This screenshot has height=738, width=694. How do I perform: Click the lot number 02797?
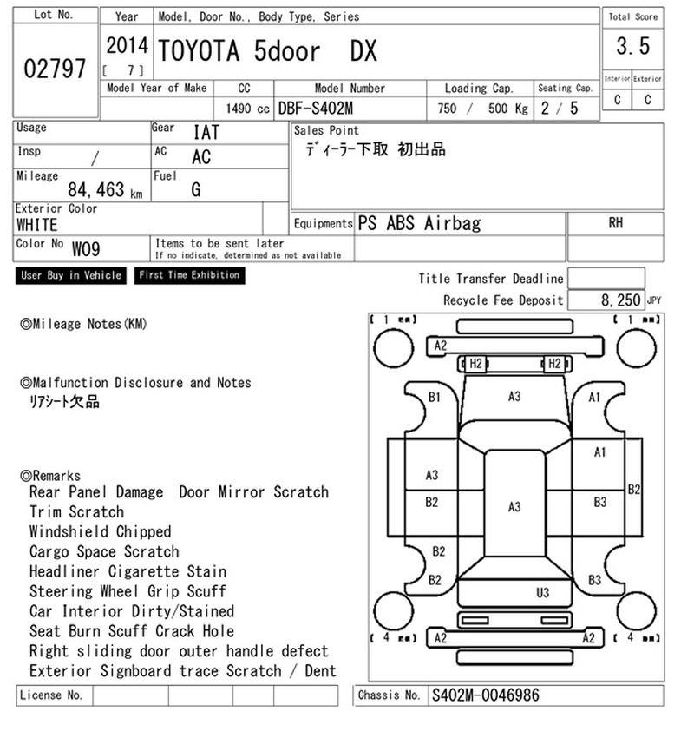tap(55, 69)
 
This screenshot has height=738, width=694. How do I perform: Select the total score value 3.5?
tap(633, 46)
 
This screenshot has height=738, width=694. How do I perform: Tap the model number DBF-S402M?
tap(316, 109)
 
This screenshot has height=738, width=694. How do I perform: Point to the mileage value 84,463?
tap(96, 189)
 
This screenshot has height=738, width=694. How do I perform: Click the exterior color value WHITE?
tap(36, 225)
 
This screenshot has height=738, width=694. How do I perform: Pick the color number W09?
tap(86, 248)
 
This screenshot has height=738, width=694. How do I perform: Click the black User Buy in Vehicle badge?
tap(71, 275)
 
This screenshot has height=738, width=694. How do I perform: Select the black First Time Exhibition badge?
tap(189, 275)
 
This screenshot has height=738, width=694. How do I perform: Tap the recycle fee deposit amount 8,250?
tap(620, 300)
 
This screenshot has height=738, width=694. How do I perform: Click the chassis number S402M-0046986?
tap(485, 695)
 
